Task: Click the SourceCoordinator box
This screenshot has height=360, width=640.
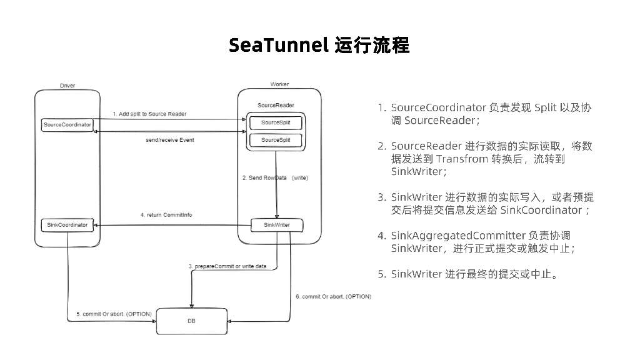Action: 67,124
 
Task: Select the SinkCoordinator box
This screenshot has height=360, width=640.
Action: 67,224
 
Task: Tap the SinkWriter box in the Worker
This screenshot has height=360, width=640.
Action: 276,224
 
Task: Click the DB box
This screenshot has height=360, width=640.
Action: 191,321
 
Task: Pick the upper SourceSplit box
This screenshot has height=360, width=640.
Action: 276,122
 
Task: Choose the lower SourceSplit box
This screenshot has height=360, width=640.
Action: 276,140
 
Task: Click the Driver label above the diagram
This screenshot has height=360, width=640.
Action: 67,86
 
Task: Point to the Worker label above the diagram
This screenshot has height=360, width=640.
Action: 279,84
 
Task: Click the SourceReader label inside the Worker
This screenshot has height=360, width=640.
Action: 276,105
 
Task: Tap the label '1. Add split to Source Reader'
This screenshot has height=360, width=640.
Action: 149,114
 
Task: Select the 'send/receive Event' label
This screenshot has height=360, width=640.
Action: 170,140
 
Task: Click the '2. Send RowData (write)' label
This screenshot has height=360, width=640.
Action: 276,178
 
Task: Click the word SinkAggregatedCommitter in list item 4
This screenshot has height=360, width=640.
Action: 457,236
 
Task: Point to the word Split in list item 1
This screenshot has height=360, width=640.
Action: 547,107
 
